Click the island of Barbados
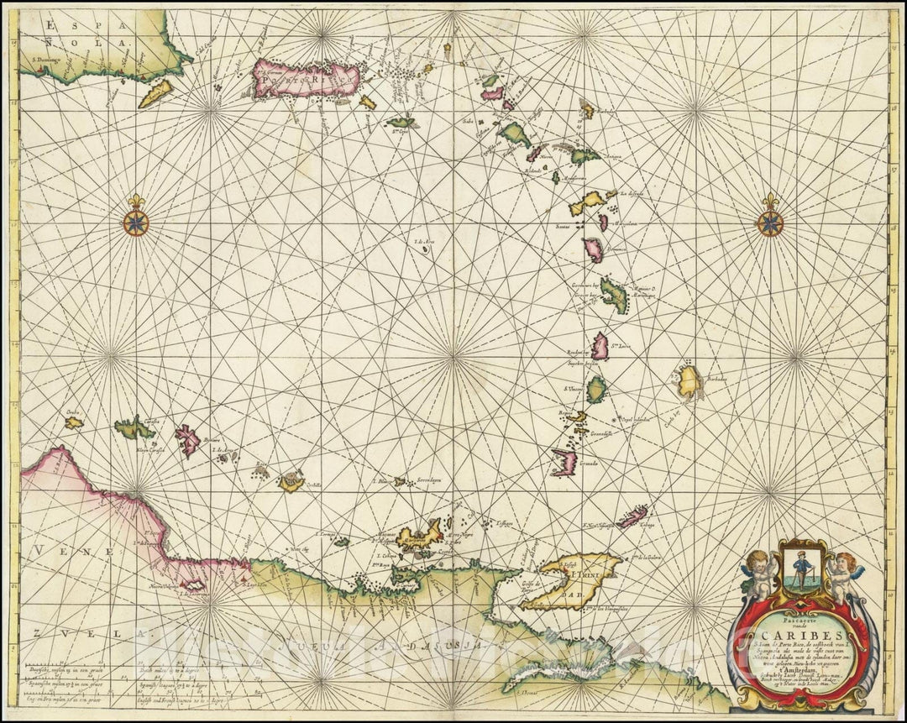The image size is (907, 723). coord(689,383)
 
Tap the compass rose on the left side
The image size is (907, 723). coord(134,222)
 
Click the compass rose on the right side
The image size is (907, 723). coord(769,222)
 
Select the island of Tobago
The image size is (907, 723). coord(632,516)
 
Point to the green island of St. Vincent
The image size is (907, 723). coord(596,390)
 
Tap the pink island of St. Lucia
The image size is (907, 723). coord(600,346)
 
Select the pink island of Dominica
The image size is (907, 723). coord(594,249)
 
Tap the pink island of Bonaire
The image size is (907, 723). coord(187,439)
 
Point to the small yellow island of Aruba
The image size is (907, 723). coord(74,422)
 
